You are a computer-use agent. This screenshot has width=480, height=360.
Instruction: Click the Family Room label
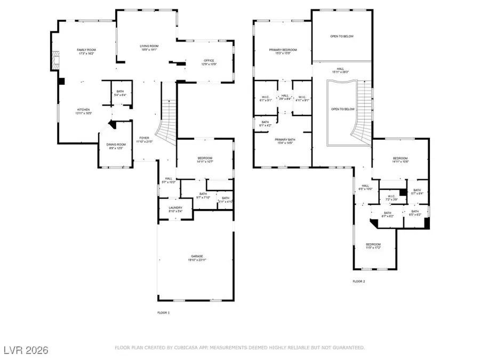coord(85,50)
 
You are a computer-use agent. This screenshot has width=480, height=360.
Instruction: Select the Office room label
coord(208,61)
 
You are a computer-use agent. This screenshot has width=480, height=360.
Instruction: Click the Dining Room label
coord(115,145)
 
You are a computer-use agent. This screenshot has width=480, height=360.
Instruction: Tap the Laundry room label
coord(175,208)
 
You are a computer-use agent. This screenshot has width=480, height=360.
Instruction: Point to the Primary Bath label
coord(282,139)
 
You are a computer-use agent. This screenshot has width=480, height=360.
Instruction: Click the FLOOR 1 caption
coord(163,312)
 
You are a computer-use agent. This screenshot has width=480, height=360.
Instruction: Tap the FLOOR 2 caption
coord(358,281)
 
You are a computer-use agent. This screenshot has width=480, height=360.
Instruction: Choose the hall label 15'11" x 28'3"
coord(340,72)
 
